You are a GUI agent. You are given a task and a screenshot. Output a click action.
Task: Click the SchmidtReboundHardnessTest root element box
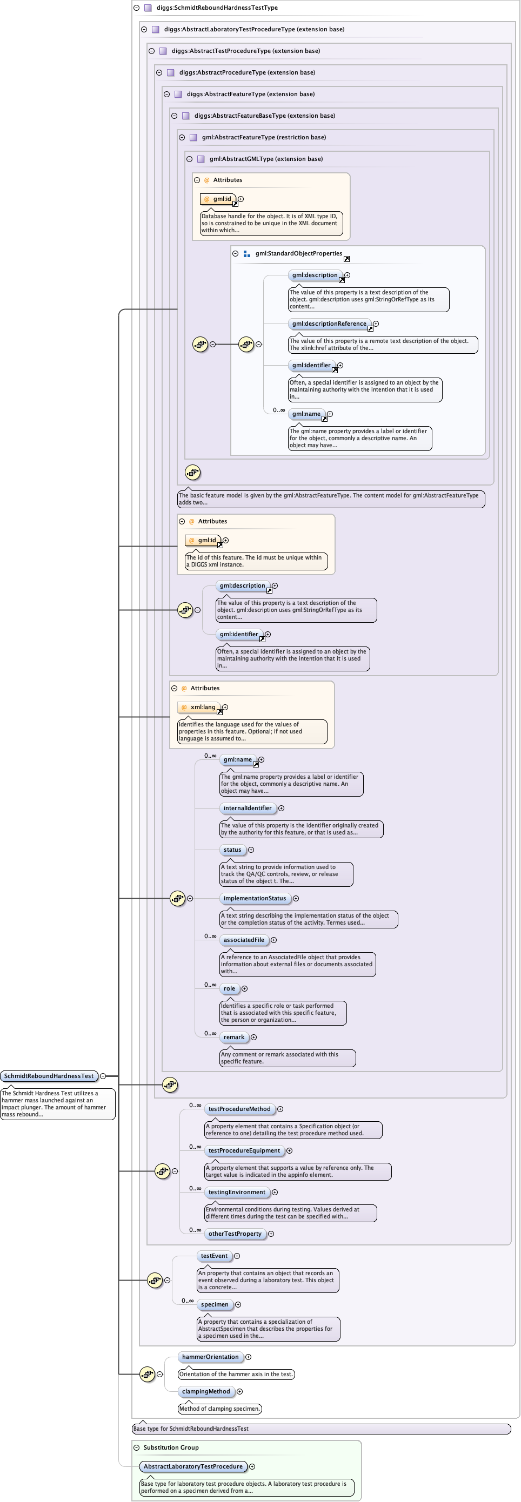(49, 1076)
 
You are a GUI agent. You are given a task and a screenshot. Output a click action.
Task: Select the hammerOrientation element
(210, 1357)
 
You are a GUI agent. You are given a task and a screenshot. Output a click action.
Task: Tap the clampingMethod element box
(206, 1391)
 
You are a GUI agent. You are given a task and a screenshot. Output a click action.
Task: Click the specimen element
(215, 1304)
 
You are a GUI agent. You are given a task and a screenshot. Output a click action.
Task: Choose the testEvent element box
(214, 1256)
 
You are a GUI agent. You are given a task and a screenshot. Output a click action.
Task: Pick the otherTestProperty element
(235, 1234)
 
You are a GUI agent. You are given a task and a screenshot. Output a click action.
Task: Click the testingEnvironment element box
(237, 1193)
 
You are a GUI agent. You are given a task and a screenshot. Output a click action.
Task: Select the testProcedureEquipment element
(244, 1150)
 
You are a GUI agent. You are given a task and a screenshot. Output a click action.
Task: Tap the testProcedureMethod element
(239, 1109)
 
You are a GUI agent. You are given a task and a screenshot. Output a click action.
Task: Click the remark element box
(234, 1038)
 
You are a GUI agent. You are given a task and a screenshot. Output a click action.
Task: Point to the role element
(229, 988)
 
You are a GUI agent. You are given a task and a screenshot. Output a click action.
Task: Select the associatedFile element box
(244, 940)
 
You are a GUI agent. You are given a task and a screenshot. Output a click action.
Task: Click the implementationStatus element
(255, 899)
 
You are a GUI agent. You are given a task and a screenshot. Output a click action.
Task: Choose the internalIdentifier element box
(248, 808)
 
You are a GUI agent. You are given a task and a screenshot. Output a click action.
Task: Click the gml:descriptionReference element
(329, 324)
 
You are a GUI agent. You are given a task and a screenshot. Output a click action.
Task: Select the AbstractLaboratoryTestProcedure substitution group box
(193, 1466)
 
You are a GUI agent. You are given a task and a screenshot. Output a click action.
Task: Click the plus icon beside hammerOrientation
(249, 1357)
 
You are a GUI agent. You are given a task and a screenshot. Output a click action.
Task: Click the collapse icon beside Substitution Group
(137, 1447)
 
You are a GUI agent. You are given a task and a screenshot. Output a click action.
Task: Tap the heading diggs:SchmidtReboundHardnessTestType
(217, 8)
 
